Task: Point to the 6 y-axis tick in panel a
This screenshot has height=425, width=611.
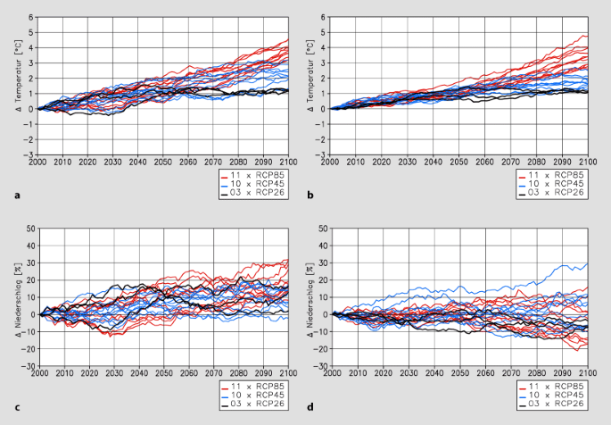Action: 30,18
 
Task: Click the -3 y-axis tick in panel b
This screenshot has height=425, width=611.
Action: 325,154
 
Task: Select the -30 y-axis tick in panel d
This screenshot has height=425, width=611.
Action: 323,366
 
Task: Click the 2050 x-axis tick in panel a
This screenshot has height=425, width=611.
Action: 163,162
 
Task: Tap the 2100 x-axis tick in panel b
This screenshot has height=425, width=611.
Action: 587,162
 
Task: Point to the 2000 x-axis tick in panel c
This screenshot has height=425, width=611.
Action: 37,374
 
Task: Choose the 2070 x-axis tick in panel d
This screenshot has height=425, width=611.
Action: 510,374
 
